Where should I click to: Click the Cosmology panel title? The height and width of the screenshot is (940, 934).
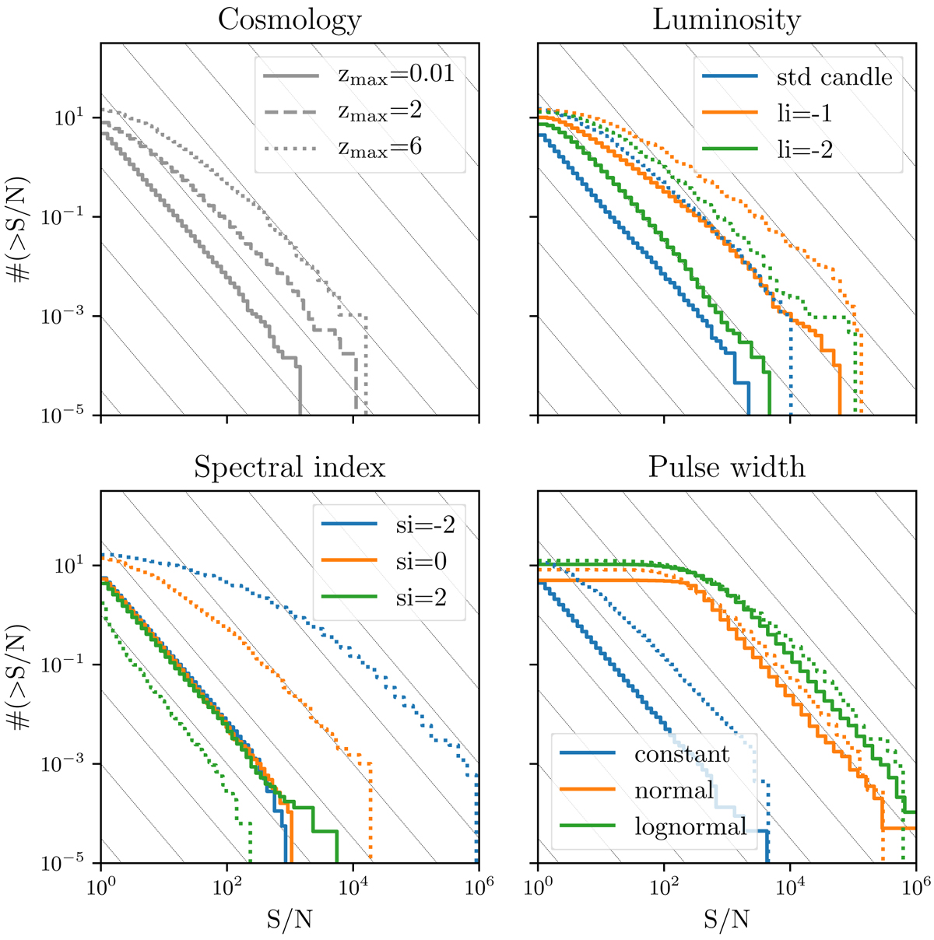coord(290,19)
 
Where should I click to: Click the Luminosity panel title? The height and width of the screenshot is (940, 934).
coord(726,19)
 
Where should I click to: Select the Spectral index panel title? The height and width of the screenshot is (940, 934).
coord(290,467)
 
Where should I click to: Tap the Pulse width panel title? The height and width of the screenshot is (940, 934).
coord(726,467)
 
